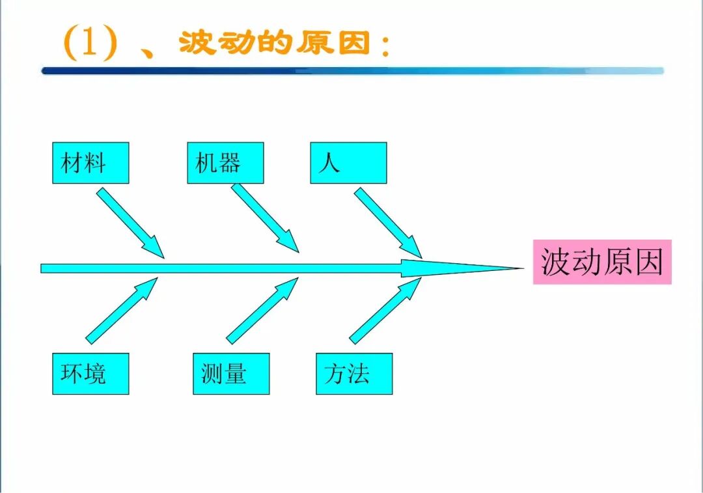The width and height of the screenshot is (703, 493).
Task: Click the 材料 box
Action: (90, 163)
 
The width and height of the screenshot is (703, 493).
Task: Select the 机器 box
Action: (225, 163)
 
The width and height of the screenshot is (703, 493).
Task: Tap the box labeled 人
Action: (348, 163)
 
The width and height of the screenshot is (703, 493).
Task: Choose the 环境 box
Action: (90, 374)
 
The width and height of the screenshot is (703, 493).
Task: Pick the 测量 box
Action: (231, 374)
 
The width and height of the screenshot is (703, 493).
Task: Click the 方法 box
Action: (354, 374)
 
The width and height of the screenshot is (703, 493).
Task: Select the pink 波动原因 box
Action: (602, 262)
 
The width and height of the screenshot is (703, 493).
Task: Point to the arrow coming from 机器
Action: (264, 218)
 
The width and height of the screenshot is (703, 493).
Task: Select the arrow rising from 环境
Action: (122, 310)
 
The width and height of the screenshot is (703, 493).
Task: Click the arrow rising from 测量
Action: (262, 310)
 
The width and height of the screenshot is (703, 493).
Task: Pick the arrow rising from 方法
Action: (385, 310)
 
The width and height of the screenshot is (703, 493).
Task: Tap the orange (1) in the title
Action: (90, 44)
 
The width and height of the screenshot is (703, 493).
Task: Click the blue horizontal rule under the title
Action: (351, 71)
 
